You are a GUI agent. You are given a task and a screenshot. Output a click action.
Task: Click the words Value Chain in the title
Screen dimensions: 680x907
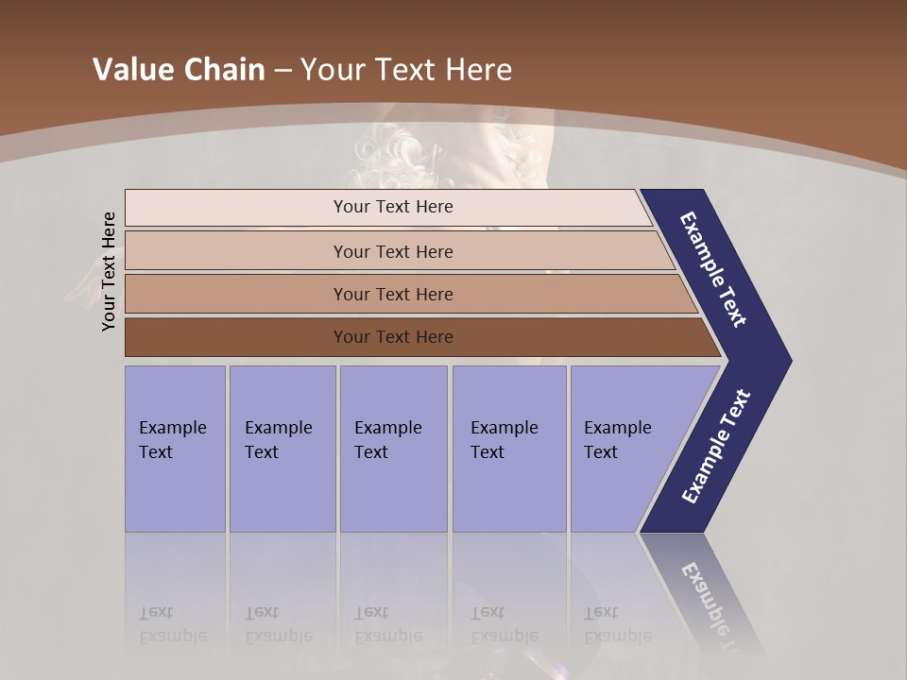coord(179,70)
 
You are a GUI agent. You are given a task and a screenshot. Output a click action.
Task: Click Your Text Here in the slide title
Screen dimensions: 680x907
coord(406,70)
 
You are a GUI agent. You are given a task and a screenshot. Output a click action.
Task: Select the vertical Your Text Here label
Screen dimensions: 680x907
coord(109,271)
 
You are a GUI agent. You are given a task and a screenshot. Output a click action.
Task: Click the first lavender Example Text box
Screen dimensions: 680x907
coord(175,449)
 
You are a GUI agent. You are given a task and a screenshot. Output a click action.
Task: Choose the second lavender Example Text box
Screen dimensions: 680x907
coord(282,449)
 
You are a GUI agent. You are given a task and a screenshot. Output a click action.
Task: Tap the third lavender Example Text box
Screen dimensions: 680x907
coord(393,449)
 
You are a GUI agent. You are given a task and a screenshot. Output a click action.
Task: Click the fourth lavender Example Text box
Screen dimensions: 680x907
coord(509,449)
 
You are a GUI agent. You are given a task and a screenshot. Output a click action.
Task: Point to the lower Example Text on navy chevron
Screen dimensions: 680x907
coord(716,446)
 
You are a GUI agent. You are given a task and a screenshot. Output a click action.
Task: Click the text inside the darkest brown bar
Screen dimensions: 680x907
coord(393,337)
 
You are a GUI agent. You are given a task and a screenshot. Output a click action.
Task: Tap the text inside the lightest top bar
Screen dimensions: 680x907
coord(393,207)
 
